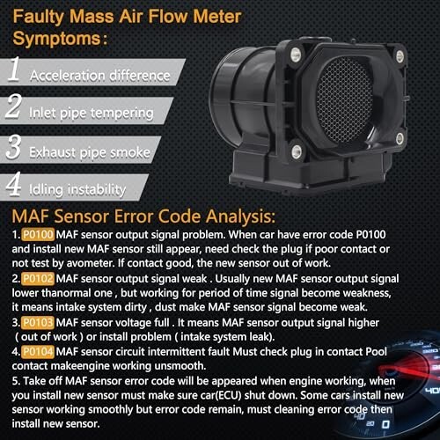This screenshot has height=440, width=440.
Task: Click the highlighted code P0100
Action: tap(38, 235)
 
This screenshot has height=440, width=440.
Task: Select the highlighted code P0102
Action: tap(38, 279)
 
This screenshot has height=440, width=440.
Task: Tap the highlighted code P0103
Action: tap(38, 323)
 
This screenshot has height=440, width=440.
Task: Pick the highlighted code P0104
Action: tap(38, 352)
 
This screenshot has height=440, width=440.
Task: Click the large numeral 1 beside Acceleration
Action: tap(14, 70)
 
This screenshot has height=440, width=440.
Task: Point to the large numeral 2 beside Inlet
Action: tap(13, 106)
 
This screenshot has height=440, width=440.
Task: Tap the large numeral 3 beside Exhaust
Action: tap(13, 147)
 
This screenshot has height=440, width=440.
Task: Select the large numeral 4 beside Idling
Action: tap(13, 184)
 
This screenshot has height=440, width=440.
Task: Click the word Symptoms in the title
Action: tap(57, 40)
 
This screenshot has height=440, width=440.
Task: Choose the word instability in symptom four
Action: tap(97, 190)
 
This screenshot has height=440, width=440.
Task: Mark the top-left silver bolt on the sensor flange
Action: tap(296, 55)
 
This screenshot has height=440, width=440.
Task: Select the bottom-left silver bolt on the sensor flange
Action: tap(297, 151)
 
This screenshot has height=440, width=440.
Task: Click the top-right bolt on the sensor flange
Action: tap(400, 55)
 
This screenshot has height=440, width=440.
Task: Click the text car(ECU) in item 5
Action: tap(217, 395)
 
